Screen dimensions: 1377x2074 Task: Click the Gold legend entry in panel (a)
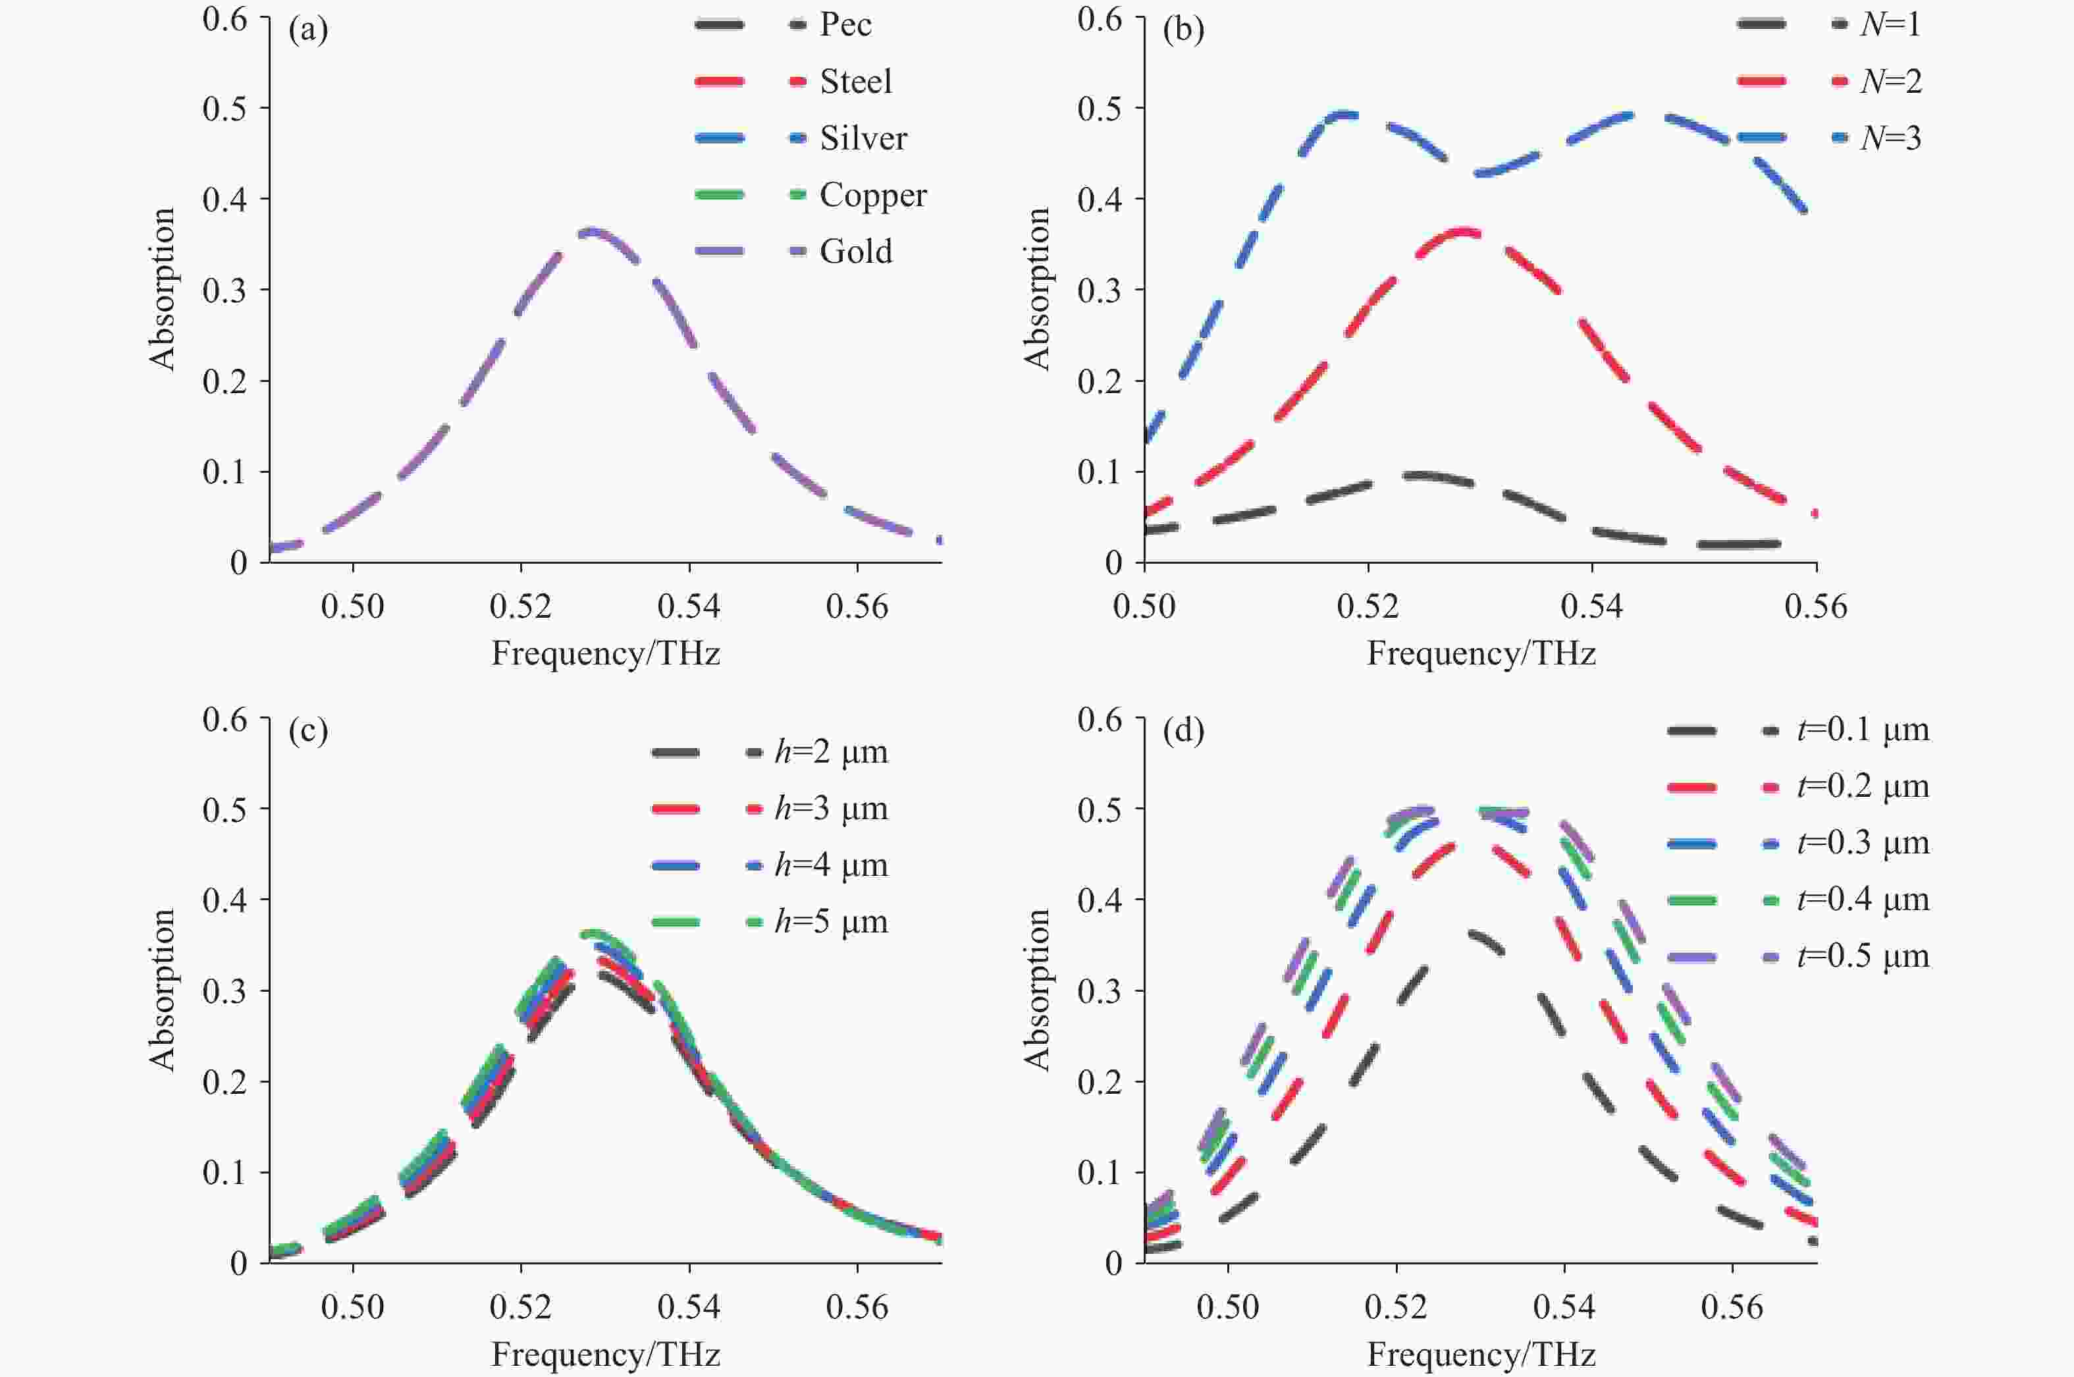tap(856, 252)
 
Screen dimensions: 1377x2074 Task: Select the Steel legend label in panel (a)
tap(856, 82)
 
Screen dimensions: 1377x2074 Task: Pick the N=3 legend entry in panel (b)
tap(1890, 138)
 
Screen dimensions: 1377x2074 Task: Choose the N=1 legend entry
tap(1890, 24)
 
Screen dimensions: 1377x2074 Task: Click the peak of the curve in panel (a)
tap(592, 232)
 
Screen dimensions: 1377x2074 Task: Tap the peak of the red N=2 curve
tap(1462, 232)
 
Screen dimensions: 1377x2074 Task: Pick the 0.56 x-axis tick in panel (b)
tap(1816, 607)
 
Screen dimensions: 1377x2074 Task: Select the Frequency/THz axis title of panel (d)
tap(1481, 1354)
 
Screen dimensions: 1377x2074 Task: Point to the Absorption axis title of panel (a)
tap(163, 289)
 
